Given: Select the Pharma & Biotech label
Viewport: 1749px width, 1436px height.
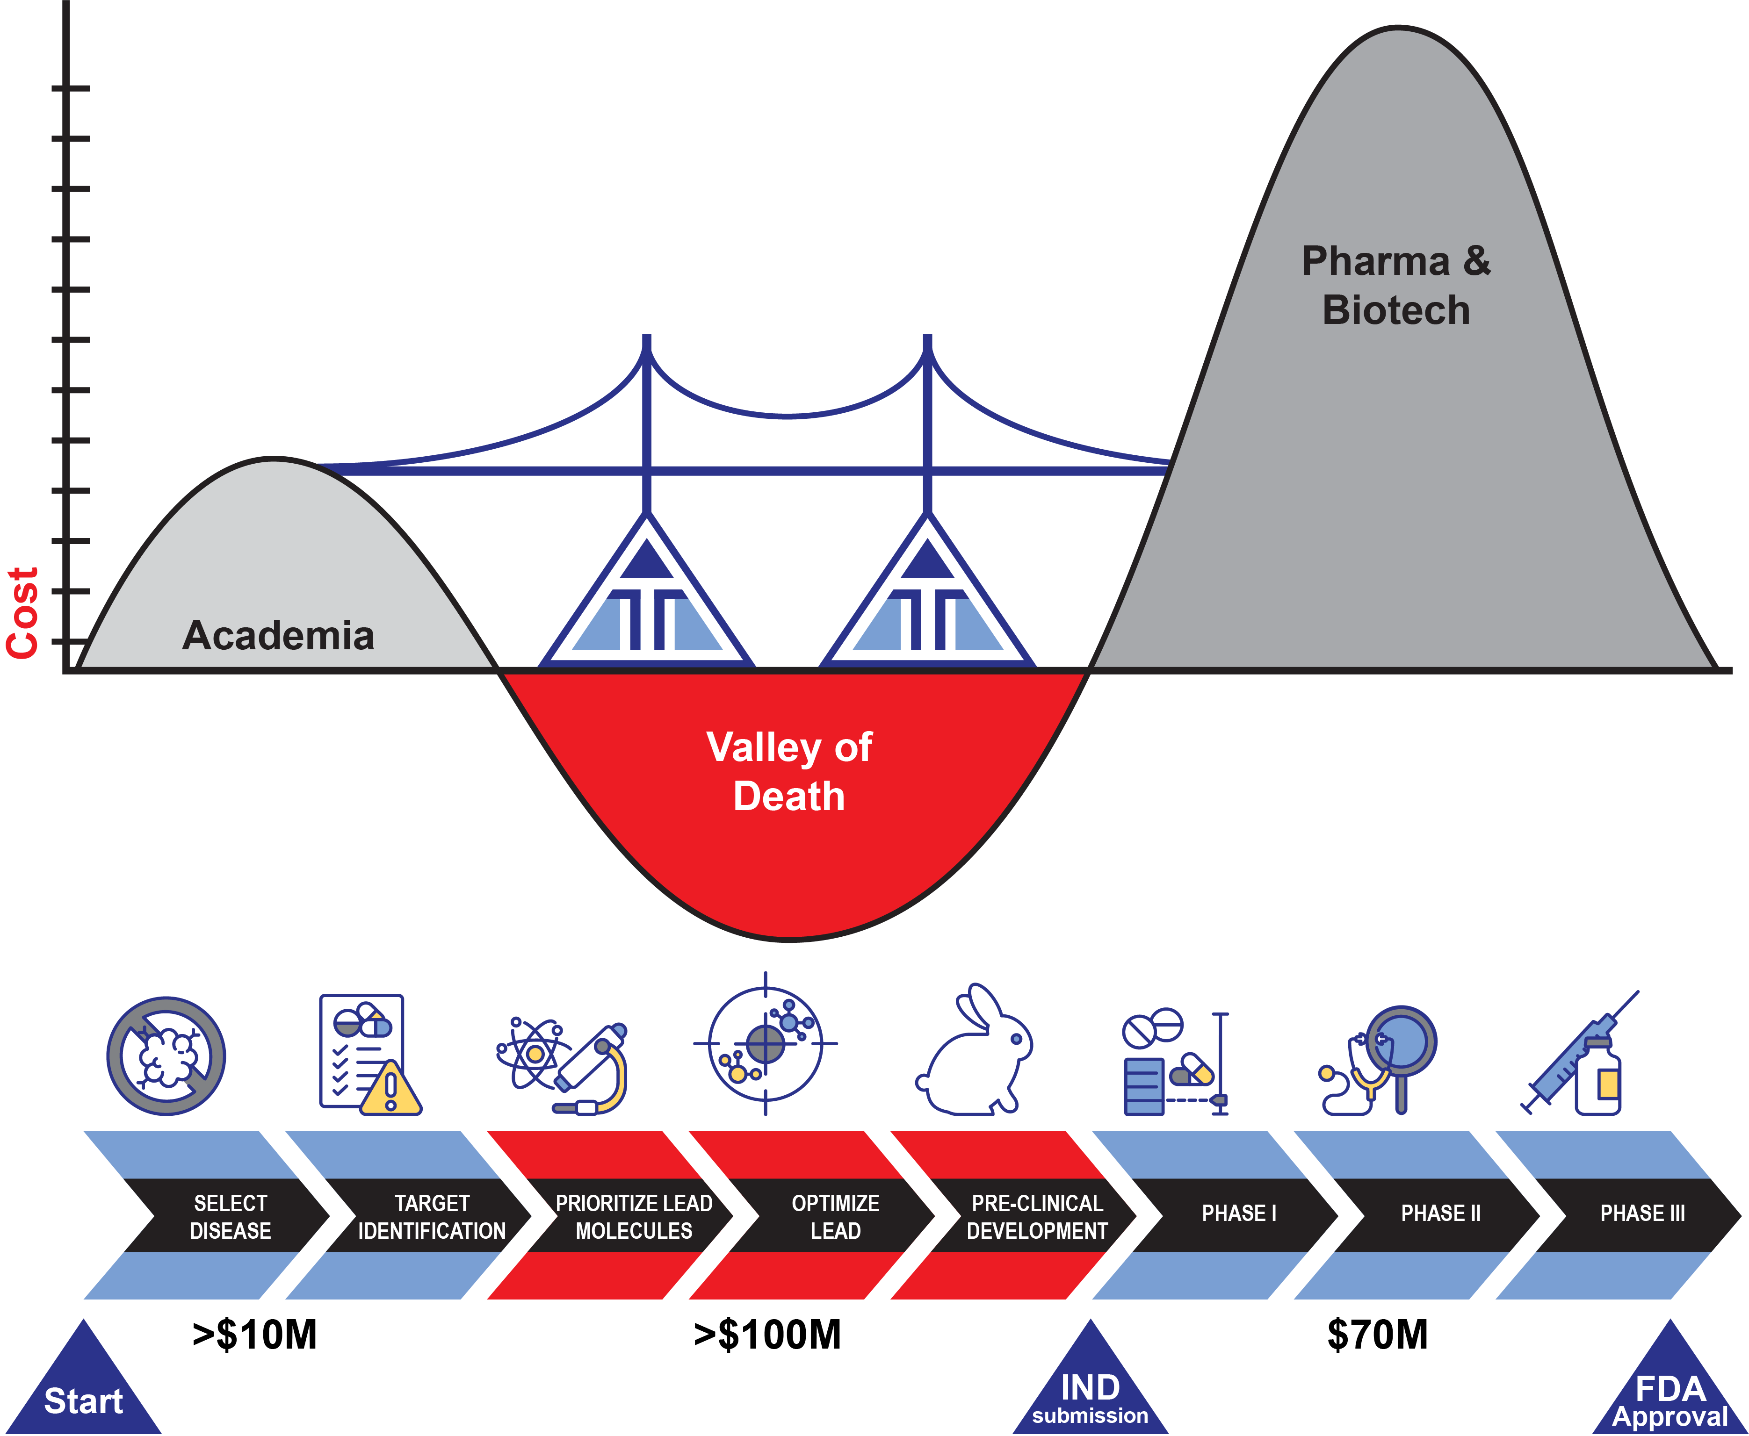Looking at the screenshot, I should [1396, 286].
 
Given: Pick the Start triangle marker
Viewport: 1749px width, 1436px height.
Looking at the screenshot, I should [84, 1390].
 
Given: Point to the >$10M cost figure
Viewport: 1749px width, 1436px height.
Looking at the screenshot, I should [255, 1334].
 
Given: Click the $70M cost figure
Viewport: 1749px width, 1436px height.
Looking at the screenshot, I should [1378, 1334].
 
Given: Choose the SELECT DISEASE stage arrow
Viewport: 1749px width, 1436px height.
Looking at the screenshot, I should [230, 1216].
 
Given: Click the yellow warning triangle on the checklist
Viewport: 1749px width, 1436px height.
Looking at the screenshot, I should [390, 1090].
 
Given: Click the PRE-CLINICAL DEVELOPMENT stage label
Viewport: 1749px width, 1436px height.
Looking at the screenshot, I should [1037, 1216].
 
